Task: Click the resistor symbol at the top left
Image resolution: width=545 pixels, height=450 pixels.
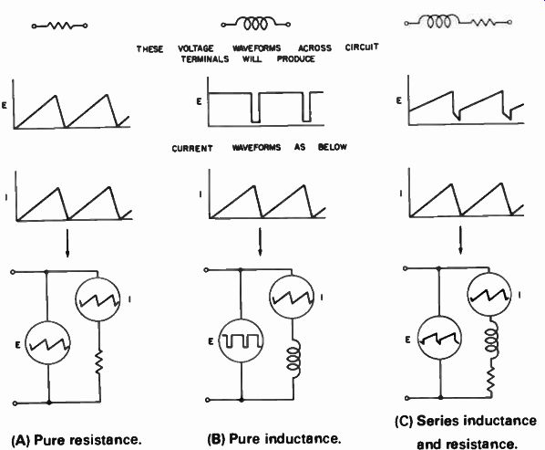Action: click(x=59, y=26)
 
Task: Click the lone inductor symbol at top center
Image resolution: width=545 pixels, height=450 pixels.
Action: click(x=256, y=24)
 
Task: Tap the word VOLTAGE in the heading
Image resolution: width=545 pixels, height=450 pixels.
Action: click(x=196, y=48)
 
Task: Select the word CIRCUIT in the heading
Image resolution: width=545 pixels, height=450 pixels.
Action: click(x=362, y=47)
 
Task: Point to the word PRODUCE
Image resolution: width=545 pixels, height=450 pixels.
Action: click(x=296, y=58)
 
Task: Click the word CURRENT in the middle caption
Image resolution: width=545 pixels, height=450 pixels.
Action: click(x=192, y=149)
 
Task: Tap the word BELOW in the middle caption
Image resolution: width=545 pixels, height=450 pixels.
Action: click(x=333, y=147)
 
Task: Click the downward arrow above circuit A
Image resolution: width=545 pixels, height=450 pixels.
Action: click(x=67, y=243)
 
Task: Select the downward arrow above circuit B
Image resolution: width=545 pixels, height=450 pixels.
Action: click(x=260, y=242)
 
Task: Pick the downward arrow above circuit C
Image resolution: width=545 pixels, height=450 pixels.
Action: click(x=461, y=240)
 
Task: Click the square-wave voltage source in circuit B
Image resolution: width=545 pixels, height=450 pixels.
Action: click(x=242, y=340)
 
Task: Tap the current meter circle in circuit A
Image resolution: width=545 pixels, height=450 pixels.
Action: click(x=98, y=299)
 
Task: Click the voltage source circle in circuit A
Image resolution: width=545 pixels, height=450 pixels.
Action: click(x=48, y=343)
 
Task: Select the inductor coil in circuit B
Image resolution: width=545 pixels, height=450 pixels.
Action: click(x=293, y=359)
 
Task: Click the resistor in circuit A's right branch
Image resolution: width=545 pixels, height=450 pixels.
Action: click(x=99, y=362)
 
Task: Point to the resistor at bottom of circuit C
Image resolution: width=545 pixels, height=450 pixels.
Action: click(x=490, y=381)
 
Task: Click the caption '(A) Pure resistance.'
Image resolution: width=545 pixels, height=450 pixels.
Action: click(x=77, y=440)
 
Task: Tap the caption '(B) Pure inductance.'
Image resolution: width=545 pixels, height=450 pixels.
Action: click(x=274, y=439)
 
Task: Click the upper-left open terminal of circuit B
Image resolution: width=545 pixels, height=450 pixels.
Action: click(x=206, y=269)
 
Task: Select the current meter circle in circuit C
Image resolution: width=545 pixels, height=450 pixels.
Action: click(x=489, y=295)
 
